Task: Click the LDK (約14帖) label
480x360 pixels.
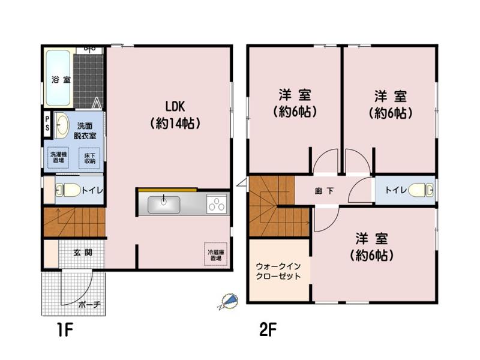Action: point(175,115)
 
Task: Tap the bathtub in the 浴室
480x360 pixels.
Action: point(58,78)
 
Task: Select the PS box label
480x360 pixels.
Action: point(47,124)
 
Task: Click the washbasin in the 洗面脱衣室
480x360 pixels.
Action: point(62,125)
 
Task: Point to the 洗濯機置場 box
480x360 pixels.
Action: point(58,157)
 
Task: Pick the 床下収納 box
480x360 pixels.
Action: point(89,158)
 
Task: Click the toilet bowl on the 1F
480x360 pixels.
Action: point(68,190)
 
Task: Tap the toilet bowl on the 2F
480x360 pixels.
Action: point(421,190)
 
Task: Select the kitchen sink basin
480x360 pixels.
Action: point(164,205)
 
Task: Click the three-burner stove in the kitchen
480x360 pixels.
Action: point(217,204)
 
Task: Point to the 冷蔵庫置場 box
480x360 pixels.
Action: point(216,254)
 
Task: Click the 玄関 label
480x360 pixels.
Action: point(83,253)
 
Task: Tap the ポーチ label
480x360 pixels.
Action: point(89,305)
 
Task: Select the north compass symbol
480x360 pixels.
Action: point(228,302)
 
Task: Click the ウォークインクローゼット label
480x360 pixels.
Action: point(278,271)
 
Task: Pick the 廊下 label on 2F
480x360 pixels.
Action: point(324,191)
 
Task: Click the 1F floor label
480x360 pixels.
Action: point(65,330)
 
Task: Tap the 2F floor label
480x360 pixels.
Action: point(268,330)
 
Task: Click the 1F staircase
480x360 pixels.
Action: point(74,222)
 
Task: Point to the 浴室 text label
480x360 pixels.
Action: point(61,80)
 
